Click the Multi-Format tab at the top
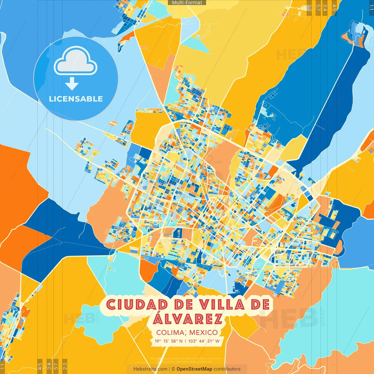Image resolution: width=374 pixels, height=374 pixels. [x=187, y=3]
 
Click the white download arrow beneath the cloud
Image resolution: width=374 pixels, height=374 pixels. [x=72, y=84]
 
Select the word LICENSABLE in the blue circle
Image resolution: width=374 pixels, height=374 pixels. [x=76, y=99]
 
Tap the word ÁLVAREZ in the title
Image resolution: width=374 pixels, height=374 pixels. [x=188, y=319]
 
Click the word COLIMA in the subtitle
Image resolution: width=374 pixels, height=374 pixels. [x=170, y=333]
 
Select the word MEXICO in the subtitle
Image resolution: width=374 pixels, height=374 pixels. [x=203, y=333]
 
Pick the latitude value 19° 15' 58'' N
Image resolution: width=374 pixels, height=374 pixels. [x=169, y=341]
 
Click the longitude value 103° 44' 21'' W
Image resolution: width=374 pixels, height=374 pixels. [x=204, y=341]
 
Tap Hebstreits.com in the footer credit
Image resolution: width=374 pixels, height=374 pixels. [x=150, y=369]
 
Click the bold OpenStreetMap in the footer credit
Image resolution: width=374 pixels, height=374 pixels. [x=194, y=369]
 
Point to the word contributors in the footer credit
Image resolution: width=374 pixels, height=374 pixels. [x=227, y=369]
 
